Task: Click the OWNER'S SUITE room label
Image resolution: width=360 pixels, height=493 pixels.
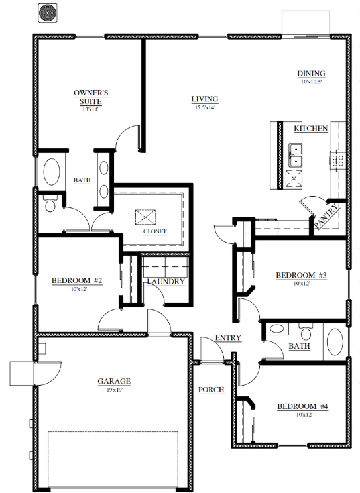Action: tap(91, 97)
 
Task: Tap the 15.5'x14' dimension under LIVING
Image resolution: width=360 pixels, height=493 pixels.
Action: tap(205, 107)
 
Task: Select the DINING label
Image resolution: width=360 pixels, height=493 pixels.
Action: tap(311, 74)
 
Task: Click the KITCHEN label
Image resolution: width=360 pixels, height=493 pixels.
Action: tap(310, 129)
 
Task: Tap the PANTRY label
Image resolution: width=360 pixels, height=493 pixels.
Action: tap(327, 216)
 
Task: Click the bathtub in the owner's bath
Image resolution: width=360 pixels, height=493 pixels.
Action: tap(52, 172)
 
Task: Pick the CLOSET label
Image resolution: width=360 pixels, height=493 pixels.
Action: tap(155, 231)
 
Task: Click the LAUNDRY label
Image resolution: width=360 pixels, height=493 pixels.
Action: tap(166, 282)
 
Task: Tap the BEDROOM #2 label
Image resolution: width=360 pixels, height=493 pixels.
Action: tap(77, 280)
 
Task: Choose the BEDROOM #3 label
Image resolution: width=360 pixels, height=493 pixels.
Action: tap(301, 276)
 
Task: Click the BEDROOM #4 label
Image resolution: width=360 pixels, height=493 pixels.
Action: tap(302, 406)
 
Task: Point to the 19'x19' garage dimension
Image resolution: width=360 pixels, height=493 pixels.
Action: tap(114, 390)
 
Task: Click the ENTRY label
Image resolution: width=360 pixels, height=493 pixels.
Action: tap(228, 338)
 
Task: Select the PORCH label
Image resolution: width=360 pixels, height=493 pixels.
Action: tap(211, 390)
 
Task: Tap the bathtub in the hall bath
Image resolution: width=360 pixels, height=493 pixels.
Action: tap(335, 342)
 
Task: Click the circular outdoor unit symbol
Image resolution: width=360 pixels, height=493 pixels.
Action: tap(48, 13)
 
